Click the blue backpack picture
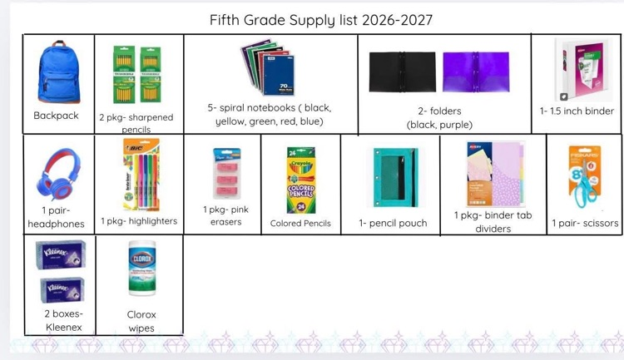pyautogui.click(x=59, y=72)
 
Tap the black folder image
pyautogui.click(x=402, y=72)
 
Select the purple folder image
pyautogui.click(x=476, y=72)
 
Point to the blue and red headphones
pyautogui.click(x=59, y=175)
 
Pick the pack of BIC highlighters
pyautogui.click(x=141, y=175)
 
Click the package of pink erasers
pyautogui.click(x=226, y=174)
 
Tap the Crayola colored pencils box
pyautogui.click(x=301, y=180)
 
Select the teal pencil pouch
pyautogui.click(x=395, y=177)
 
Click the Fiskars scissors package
pyautogui.click(x=584, y=176)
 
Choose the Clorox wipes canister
pyautogui.click(x=142, y=268)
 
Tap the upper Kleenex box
pyautogui.click(x=61, y=254)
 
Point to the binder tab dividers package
pyautogui.click(x=494, y=174)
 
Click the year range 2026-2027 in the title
pyautogui.click(x=397, y=20)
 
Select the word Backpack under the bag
pyautogui.click(x=56, y=116)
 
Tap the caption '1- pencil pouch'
pyautogui.click(x=393, y=223)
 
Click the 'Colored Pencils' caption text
pyautogui.click(x=300, y=224)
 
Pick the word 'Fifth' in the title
pyautogui.click(x=225, y=20)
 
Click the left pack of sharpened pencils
pyautogui.click(x=124, y=74)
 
